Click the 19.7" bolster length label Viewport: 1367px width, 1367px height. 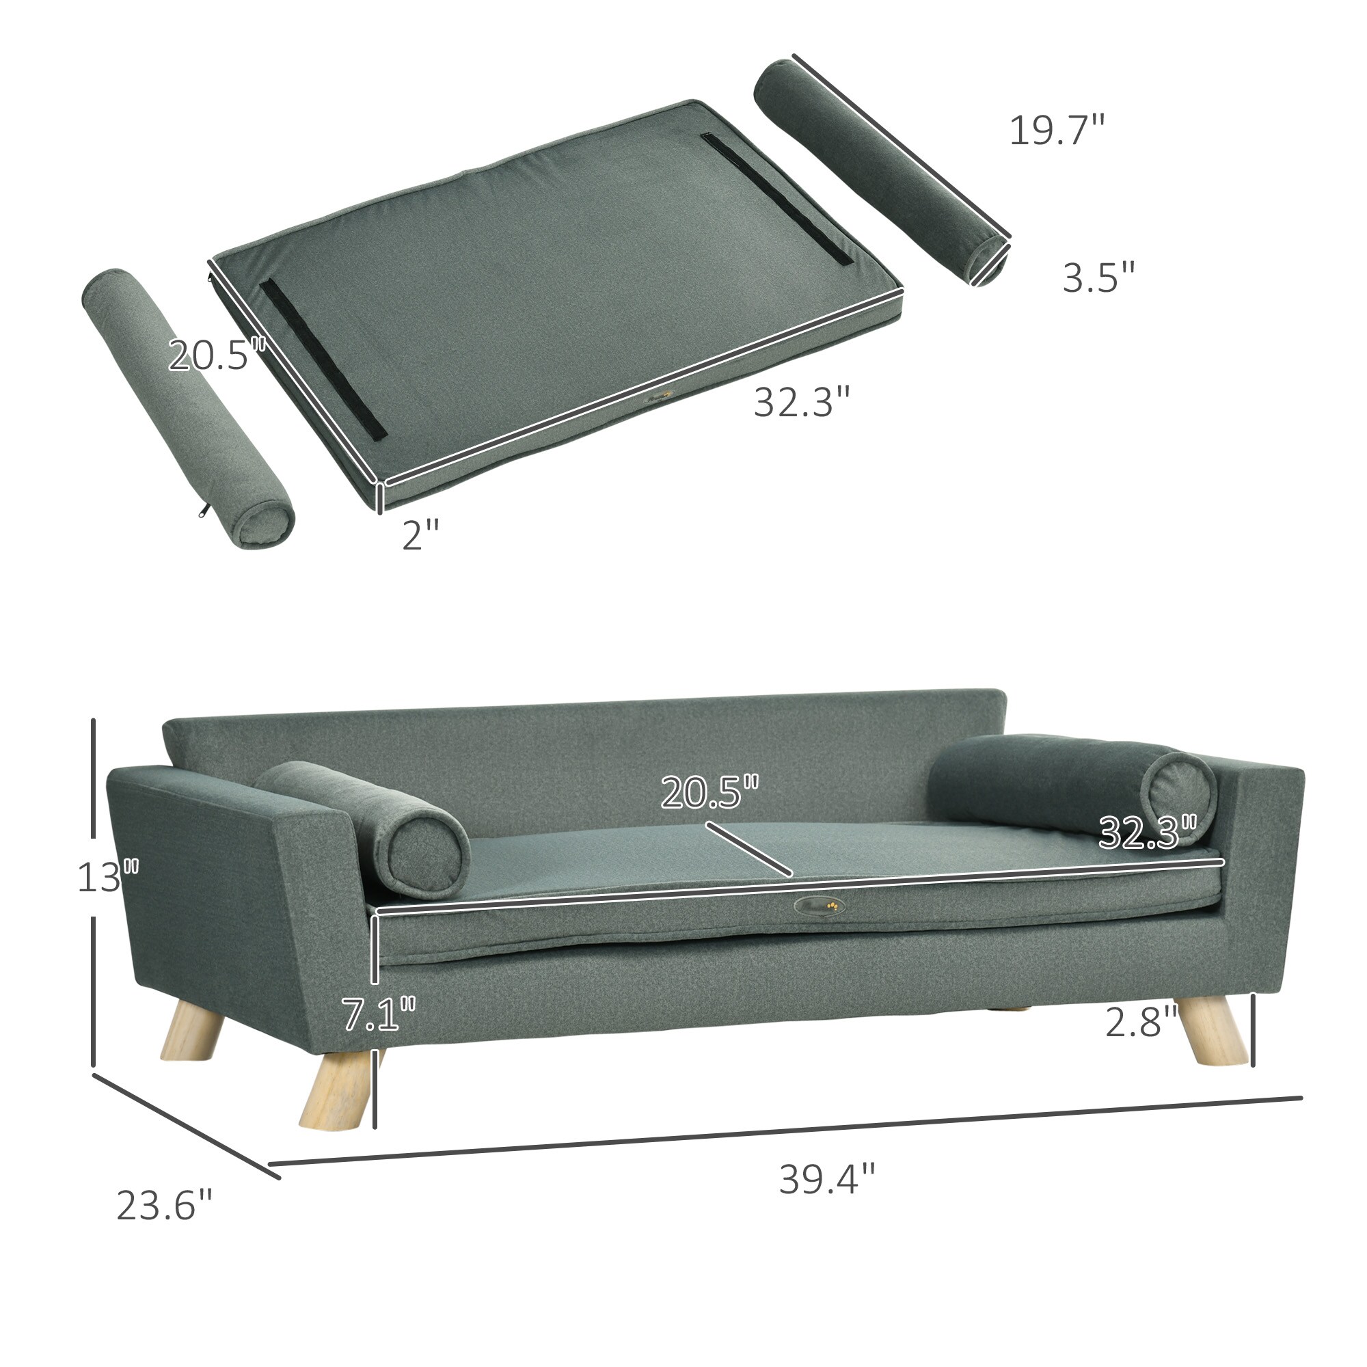1056,131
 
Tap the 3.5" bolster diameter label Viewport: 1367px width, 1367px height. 1098,277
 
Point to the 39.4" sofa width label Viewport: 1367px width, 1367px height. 827,1180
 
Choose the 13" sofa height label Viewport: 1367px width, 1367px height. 107,878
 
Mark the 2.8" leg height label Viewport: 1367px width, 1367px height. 1141,1022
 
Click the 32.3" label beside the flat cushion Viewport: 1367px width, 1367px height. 801,402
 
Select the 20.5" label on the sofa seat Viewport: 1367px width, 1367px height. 709,792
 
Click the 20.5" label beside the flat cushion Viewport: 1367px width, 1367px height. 216,355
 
